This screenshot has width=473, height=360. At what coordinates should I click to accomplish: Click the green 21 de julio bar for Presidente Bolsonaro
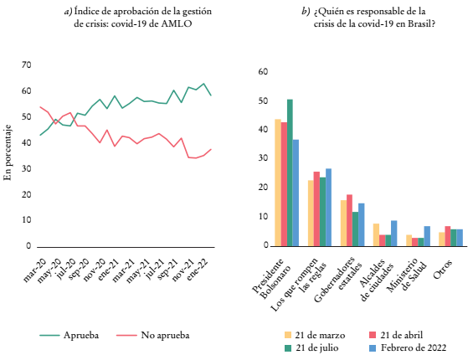click(290, 172)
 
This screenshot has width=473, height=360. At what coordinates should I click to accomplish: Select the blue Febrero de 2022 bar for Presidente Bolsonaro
click(296, 193)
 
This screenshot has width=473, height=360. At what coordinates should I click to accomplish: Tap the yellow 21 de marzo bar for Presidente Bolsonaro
click(278, 183)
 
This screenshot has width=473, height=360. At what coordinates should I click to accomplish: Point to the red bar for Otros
click(448, 236)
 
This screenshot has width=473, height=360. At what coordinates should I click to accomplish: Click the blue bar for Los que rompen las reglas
click(328, 208)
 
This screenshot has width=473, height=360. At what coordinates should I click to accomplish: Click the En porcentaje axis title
click(8, 152)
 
